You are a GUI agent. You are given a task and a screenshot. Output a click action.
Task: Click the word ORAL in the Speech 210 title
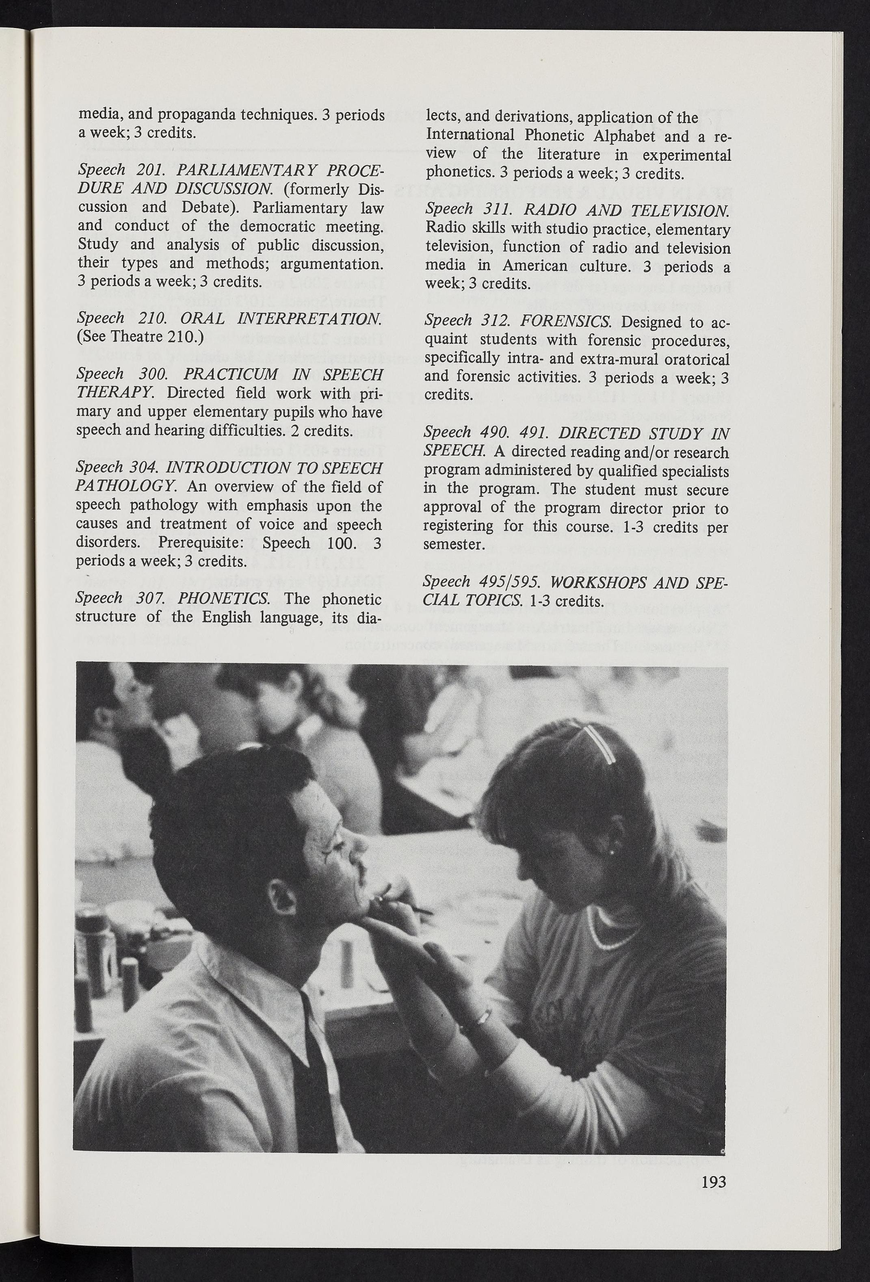(x=201, y=318)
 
